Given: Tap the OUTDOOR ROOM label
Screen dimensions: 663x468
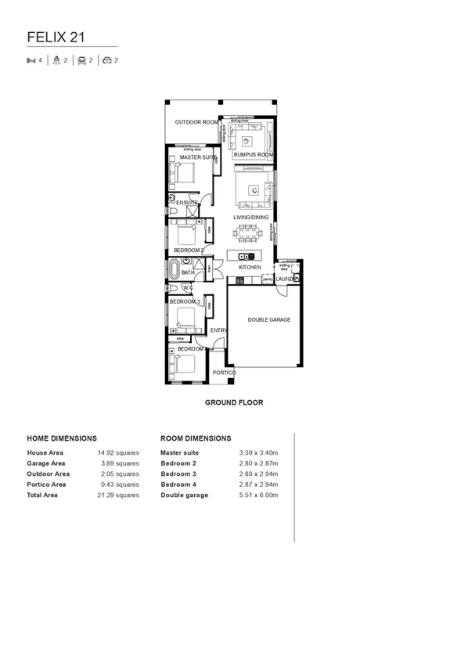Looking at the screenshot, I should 196,122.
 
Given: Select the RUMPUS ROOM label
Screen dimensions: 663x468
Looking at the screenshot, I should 253,155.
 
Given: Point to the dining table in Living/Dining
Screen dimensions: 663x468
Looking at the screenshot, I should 249,232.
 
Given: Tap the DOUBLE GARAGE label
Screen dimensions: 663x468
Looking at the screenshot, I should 269,319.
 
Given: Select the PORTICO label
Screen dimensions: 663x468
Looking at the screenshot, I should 224,373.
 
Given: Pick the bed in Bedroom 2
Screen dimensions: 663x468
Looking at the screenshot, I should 186,234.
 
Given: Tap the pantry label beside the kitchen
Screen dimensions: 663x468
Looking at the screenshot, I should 267,279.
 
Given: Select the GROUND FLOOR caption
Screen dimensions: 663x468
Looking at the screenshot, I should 234,402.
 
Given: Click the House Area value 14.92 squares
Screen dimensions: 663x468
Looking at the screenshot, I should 118,452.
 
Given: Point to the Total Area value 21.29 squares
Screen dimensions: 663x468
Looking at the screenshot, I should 118,495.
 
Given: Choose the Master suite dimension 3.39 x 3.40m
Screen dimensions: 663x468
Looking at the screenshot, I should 258,452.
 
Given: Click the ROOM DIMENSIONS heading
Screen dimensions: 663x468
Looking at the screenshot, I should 196,438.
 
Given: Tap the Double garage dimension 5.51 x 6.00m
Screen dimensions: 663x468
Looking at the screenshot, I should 258,495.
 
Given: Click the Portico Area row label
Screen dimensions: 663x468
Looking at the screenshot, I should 46,485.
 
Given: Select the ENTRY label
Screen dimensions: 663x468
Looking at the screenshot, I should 218,330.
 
